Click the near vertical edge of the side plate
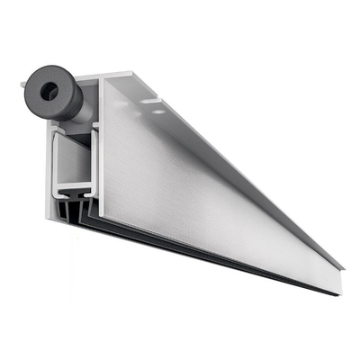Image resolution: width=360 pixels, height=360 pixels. pyautogui.click(x=104, y=153)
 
